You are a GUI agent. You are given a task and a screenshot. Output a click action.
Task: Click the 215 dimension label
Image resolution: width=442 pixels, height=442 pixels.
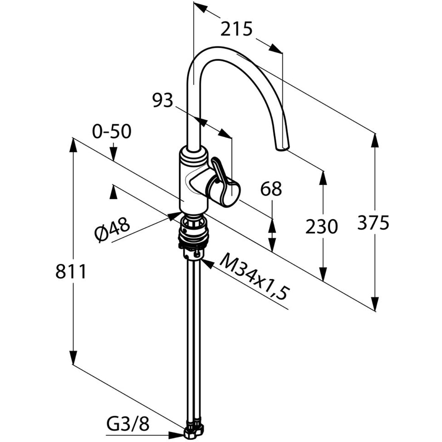[236, 29]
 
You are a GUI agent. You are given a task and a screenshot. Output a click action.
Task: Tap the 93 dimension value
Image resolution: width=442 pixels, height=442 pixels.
[163, 101]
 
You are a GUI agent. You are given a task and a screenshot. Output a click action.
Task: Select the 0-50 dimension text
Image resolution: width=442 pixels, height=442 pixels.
[112, 131]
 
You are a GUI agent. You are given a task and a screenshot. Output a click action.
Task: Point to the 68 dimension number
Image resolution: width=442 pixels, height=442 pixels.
[271, 189]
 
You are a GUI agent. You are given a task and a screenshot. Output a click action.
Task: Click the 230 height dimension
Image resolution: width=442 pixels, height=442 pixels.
[322, 227]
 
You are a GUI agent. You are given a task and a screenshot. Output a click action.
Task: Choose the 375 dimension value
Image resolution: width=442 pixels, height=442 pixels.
[373, 222]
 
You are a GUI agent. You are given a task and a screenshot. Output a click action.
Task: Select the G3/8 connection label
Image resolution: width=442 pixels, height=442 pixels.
[128, 425]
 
